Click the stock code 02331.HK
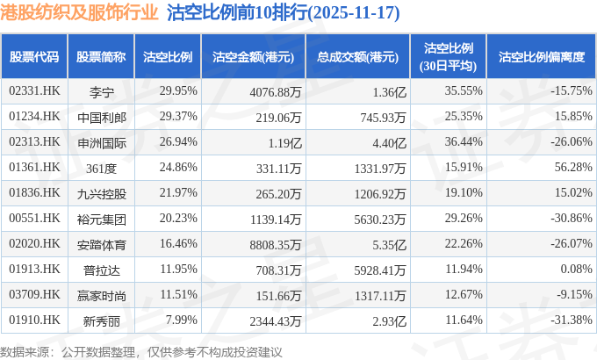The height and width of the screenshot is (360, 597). (x=34, y=90)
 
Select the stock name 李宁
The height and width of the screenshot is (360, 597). (x=102, y=90)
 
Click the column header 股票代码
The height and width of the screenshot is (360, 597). (x=34, y=56)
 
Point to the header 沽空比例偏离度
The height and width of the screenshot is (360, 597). (x=540, y=56)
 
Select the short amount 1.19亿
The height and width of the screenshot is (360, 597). (x=284, y=140)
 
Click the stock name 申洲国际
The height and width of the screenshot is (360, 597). (x=102, y=140)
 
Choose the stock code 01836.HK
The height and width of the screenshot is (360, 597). (x=34, y=191)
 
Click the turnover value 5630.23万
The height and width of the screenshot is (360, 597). (x=378, y=217)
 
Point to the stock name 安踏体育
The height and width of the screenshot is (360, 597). (x=102, y=242)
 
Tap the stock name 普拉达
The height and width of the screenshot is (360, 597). (x=102, y=268)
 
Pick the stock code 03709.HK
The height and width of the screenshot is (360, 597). (x=34, y=293)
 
